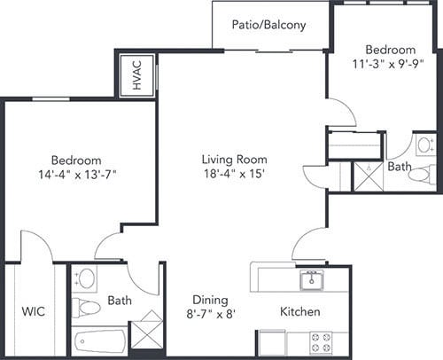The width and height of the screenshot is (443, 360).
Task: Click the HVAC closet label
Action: (x=137, y=75)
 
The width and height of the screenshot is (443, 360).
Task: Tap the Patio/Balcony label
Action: (x=268, y=25)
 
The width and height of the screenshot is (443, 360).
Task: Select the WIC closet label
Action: (x=34, y=311)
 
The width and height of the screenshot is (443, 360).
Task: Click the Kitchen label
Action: (x=300, y=311)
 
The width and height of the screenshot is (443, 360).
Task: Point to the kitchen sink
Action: (x=312, y=279)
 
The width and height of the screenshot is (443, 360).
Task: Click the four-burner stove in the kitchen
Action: (x=321, y=343)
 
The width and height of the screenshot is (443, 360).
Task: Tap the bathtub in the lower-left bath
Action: (x=100, y=341)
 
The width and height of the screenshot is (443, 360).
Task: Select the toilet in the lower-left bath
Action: (x=86, y=308)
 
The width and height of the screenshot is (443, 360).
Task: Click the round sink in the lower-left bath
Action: (x=87, y=278)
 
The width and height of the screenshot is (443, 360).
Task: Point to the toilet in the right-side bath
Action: (x=422, y=174)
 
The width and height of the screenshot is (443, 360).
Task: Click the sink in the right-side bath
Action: (x=425, y=145)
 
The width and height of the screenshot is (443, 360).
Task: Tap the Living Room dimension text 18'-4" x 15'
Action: (x=234, y=174)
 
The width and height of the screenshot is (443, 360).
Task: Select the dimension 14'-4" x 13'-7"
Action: (x=77, y=175)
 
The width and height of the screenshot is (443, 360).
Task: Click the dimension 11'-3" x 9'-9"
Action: (x=389, y=64)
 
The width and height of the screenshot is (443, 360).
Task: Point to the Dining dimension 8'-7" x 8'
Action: (x=211, y=314)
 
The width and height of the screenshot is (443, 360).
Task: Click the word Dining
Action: (x=210, y=300)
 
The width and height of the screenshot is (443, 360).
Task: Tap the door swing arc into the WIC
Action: (x=42, y=239)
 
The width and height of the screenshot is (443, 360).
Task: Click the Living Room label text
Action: (x=235, y=160)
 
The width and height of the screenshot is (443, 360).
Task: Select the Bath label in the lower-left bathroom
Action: (x=120, y=301)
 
